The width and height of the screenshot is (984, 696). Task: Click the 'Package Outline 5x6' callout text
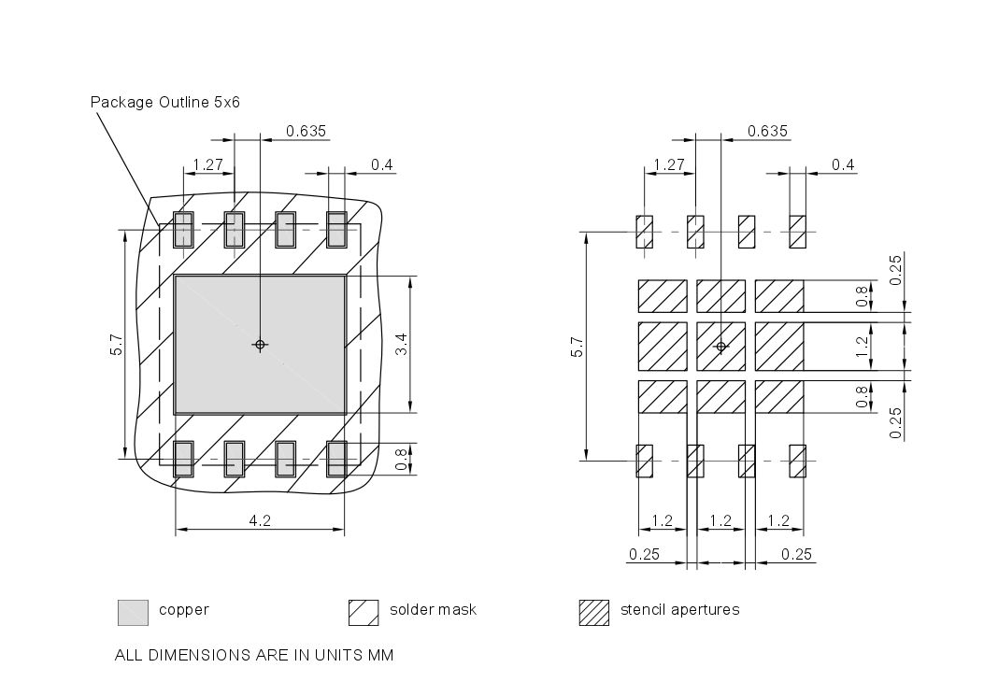[x=164, y=102]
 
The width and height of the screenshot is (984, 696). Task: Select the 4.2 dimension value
[x=260, y=521]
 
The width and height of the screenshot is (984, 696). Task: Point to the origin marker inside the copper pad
[x=260, y=345]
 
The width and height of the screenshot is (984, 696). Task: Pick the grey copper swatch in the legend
[x=133, y=612]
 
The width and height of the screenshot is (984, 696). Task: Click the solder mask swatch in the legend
[x=363, y=612]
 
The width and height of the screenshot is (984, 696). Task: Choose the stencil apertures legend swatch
[x=594, y=612]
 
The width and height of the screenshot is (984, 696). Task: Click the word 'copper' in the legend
[x=184, y=610]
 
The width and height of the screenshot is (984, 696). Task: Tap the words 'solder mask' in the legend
[x=433, y=610]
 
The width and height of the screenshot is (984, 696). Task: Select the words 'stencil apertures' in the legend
[x=679, y=610]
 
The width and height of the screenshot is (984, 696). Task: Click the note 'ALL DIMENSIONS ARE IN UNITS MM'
[x=253, y=655]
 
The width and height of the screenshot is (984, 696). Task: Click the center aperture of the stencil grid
[x=720, y=346]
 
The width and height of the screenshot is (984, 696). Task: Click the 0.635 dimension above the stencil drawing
[x=767, y=131]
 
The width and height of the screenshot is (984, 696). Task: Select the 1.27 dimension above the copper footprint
[x=207, y=164]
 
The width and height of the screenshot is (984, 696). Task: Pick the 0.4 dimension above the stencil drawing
[x=843, y=164]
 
